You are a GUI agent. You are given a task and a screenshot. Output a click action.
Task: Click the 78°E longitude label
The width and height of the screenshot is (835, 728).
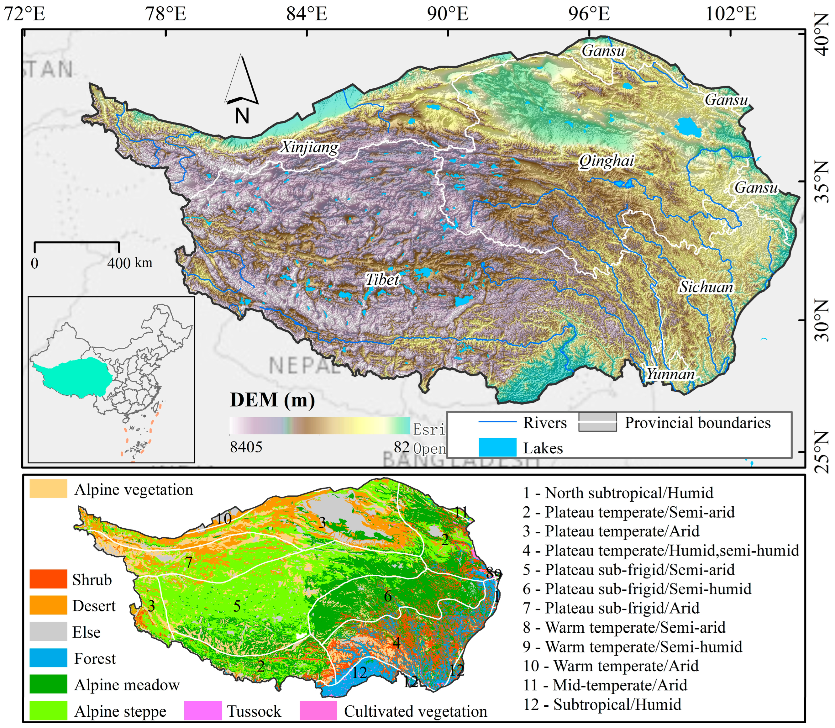166,14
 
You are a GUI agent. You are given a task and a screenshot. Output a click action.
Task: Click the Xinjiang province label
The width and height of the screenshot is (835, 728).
309,147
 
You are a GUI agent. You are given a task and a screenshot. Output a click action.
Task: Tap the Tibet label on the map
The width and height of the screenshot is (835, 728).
382,279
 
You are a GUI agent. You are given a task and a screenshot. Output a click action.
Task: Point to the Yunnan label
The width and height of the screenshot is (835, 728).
670,374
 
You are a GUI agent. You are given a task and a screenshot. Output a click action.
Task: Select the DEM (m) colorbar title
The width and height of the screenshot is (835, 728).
272,400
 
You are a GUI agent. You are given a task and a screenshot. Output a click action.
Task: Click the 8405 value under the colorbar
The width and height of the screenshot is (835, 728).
246,447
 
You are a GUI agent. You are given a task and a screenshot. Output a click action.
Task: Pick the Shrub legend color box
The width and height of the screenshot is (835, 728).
48,579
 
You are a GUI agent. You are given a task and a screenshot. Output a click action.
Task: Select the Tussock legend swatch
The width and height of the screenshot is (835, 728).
203,710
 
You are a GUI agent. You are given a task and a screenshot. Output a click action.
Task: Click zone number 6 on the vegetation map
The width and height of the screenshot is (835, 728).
388,596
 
